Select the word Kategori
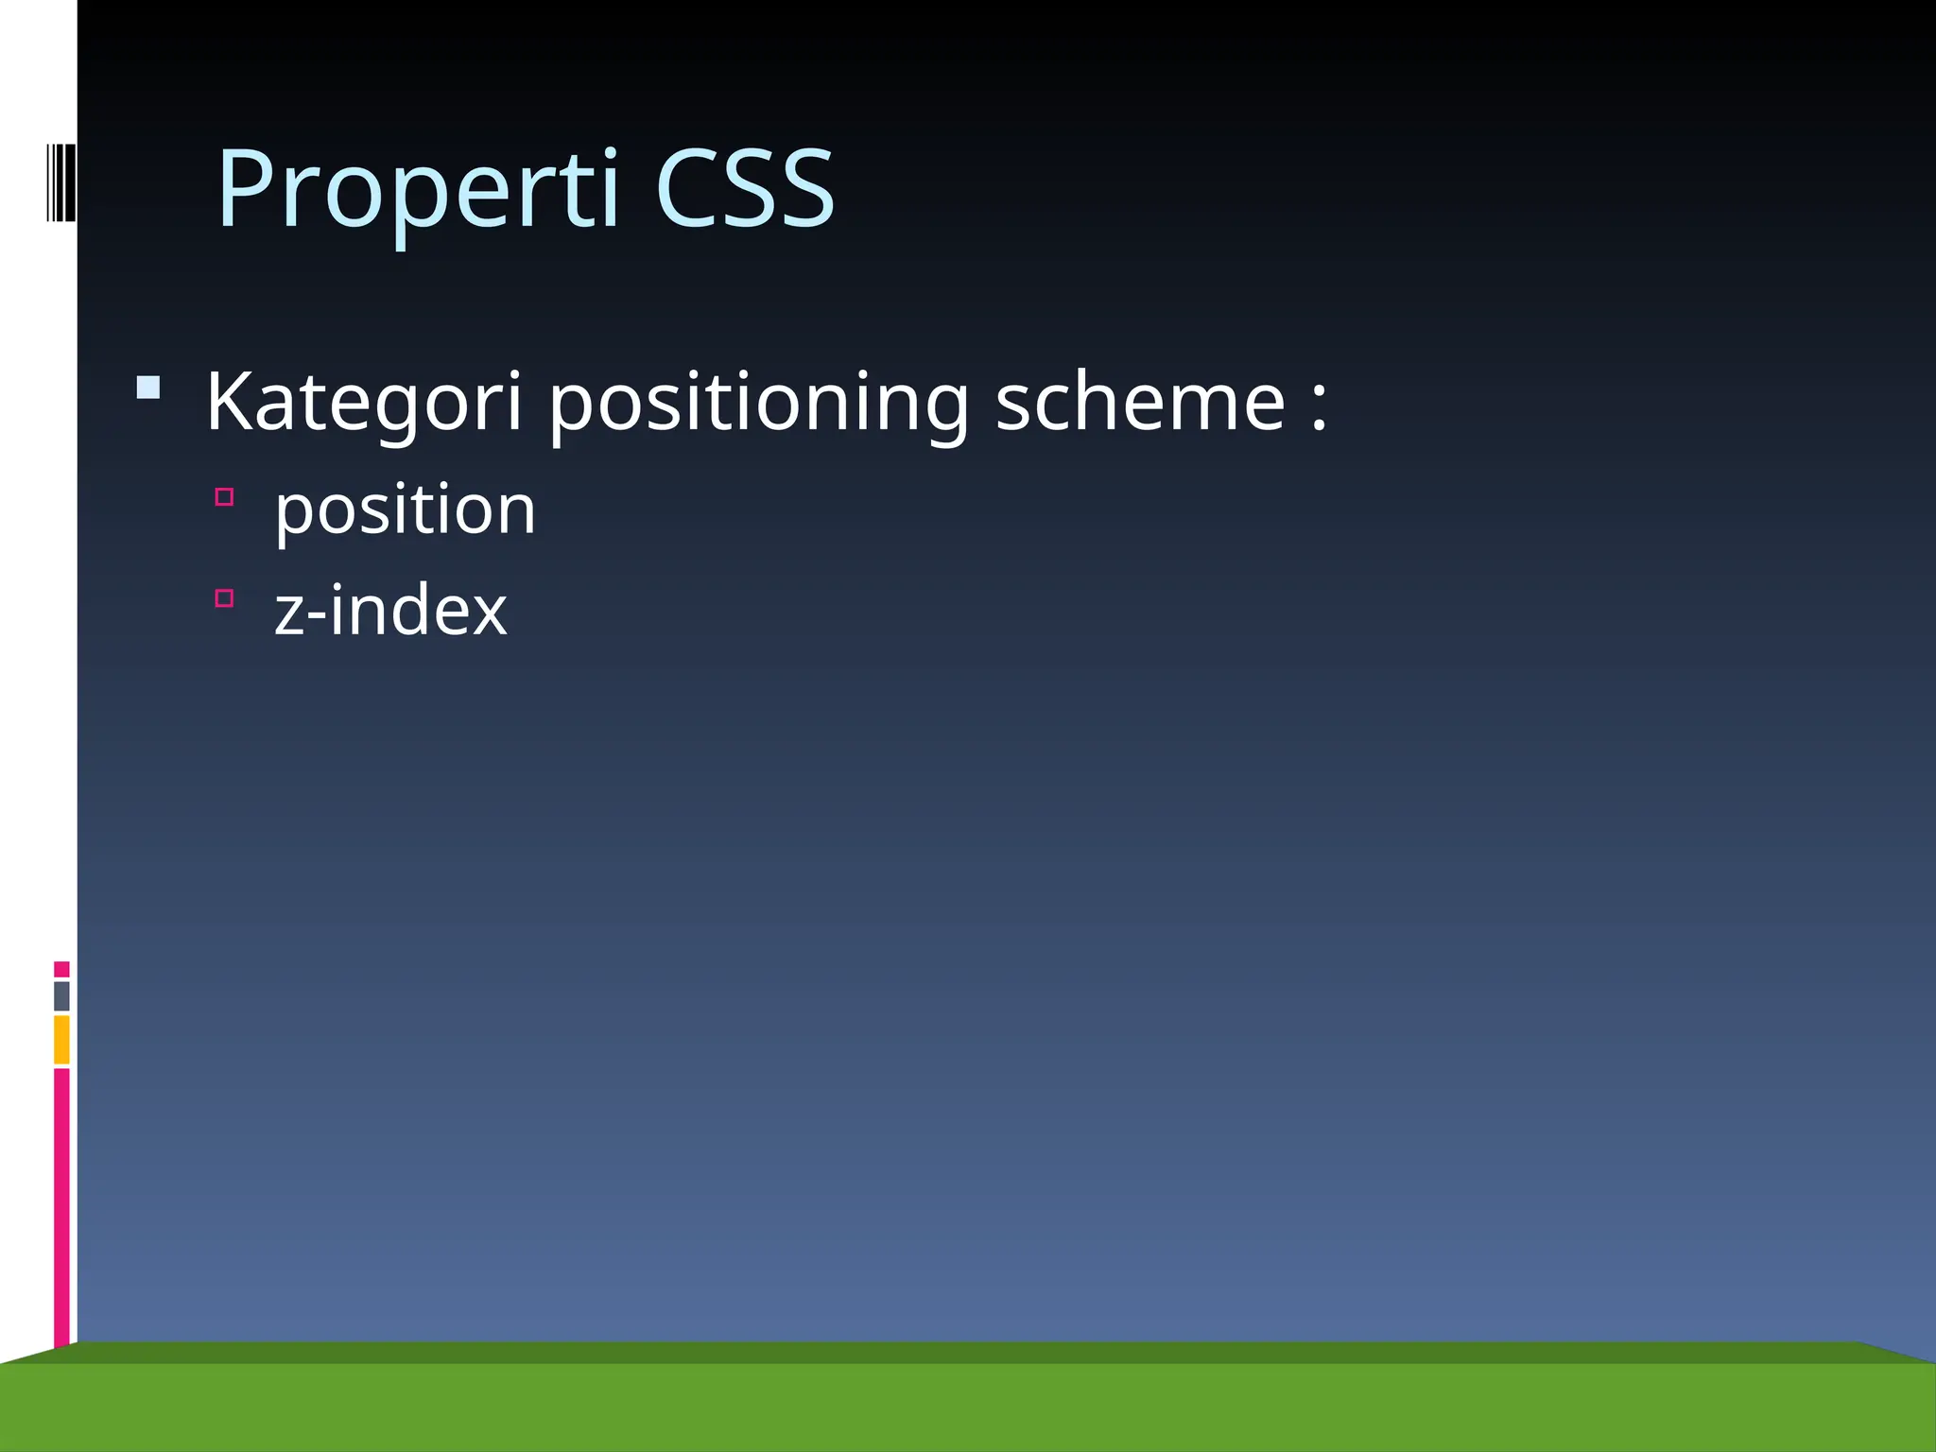click(364, 402)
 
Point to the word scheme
click(1140, 402)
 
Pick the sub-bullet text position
click(405, 510)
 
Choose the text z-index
click(390, 611)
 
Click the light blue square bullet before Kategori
click(148, 388)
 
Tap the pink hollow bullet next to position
click(224, 497)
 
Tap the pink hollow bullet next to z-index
click(224, 597)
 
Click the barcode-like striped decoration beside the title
click(60, 182)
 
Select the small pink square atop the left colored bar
click(61, 969)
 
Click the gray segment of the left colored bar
click(61, 995)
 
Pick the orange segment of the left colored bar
click(61, 1039)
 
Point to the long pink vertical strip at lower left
click(61, 1205)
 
